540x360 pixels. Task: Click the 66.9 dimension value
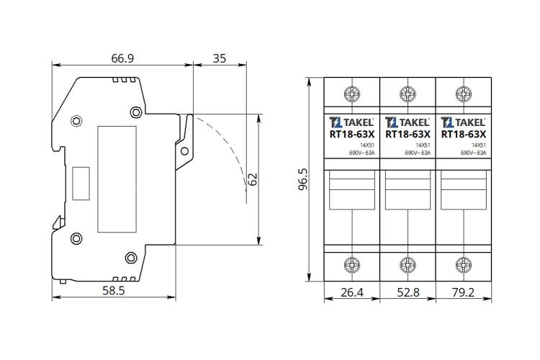[122, 58]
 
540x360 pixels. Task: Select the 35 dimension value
[220, 58]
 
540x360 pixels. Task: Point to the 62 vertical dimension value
[253, 179]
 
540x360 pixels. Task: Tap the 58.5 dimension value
[113, 291]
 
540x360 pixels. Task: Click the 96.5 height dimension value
[303, 179]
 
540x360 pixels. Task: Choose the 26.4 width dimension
[352, 292]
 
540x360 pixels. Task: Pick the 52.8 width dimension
[408, 292]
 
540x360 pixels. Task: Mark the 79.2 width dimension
[463, 292]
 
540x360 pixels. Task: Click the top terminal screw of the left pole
[352, 94]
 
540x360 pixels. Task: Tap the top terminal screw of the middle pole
[408, 94]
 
